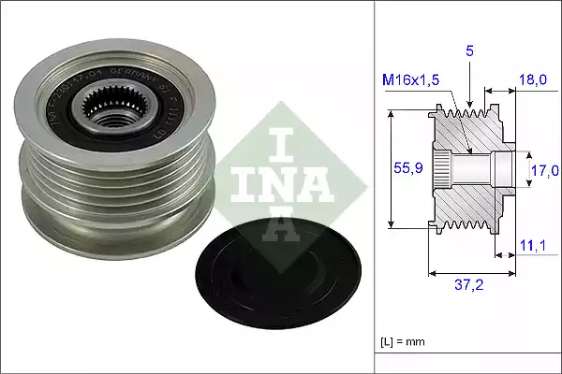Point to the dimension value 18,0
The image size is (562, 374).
coord(532,81)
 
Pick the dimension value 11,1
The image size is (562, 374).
coord(533,247)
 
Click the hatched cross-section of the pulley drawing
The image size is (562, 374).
coord(468,201)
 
